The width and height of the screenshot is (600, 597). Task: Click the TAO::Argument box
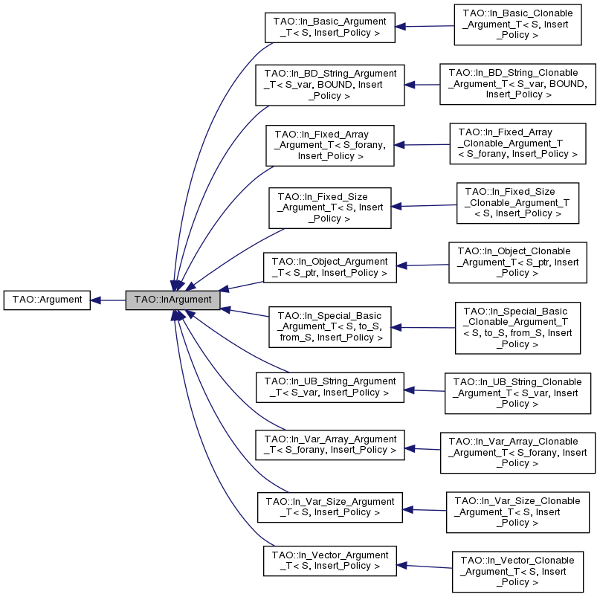(x=46, y=300)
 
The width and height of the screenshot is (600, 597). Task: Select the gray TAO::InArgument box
(x=172, y=300)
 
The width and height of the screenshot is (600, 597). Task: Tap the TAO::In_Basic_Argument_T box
(x=329, y=27)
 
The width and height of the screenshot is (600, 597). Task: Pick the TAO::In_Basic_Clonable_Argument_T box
(x=517, y=25)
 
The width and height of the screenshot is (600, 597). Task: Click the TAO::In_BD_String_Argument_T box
(x=329, y=85)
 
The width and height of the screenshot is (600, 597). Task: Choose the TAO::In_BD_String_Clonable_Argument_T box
(x=518, y=83)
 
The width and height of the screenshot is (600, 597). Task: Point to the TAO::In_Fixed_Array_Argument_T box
(x=329, y=145)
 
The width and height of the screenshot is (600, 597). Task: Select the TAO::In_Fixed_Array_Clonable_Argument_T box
(x=517, y=143)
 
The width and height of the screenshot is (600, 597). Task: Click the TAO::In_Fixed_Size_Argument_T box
(x=329, y=207)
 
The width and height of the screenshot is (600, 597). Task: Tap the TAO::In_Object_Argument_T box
(x=329, y=268)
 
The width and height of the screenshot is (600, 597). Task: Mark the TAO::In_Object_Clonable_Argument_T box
(x=517, y=262)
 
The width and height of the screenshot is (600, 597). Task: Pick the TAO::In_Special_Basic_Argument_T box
(x=329, y=326)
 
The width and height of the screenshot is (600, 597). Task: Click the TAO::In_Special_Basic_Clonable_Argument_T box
(x=517, y=327)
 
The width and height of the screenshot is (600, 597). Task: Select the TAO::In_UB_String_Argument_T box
(x=329, y=387)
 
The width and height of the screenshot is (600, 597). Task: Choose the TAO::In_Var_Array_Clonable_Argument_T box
(x=517, y=452)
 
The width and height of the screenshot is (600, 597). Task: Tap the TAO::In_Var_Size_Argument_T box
(x=329, y=506)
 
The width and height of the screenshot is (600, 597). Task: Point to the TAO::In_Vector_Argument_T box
(x=329, y=560)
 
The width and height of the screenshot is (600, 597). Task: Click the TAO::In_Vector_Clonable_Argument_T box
(x=517, y=571)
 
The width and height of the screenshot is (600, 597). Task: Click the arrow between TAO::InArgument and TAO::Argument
(x=109, y=300)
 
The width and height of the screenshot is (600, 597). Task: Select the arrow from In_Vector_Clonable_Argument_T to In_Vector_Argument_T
(x=424, y=567)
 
